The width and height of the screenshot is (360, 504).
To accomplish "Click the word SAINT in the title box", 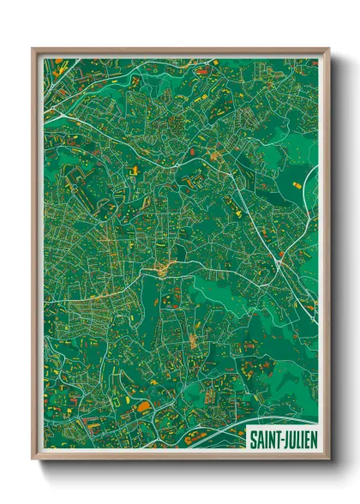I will (x=264, y=440).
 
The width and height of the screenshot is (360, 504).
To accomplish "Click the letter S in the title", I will (x=253, y=440).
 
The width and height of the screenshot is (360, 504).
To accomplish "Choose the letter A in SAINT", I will (x=259, y=440).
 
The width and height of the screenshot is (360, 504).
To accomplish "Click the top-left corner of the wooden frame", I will (x=33, y=48).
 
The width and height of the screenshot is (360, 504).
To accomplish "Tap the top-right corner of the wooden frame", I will (x=328, y=48).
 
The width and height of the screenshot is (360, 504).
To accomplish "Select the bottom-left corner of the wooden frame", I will (x=33, y=460).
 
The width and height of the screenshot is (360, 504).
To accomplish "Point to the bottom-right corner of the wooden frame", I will (x=328, y=460).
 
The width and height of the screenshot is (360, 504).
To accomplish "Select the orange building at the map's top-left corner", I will (x=58, y=62).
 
